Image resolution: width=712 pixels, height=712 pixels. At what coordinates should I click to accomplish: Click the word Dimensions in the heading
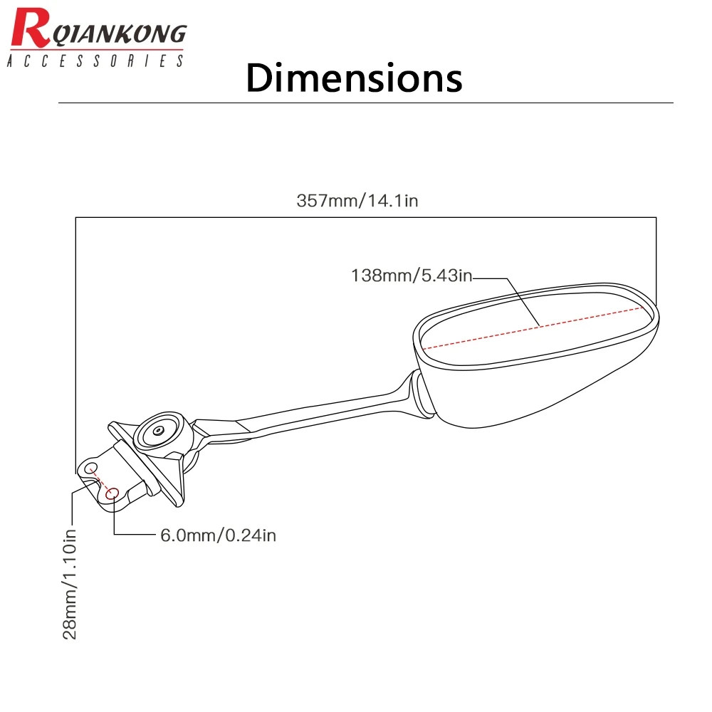354,78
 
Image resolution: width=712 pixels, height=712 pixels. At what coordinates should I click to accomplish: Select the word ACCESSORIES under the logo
95,62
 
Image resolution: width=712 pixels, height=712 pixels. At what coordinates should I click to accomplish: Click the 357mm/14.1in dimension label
357,201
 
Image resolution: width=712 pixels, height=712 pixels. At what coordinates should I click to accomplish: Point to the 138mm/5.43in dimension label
412,276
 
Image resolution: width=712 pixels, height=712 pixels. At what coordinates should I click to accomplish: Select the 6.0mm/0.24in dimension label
217,535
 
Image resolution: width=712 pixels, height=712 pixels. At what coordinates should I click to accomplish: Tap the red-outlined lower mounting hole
112,493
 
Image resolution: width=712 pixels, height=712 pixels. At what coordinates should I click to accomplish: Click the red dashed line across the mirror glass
534,327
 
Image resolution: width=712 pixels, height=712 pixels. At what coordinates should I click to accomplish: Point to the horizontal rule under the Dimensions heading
365,103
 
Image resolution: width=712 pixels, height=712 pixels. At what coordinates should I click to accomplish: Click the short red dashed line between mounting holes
103,481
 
